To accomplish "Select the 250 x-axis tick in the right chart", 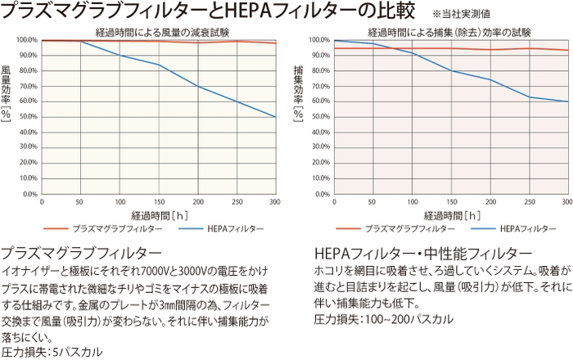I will (x=529, y=202).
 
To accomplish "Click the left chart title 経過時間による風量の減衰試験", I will (x=161, y=32).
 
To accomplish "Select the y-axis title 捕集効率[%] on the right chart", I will (x=298, y=92).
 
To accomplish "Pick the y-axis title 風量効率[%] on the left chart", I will (x=7, y=92).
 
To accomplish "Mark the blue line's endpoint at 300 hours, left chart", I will (x=276, y=117).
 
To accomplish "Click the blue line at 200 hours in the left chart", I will (x=198, y=86).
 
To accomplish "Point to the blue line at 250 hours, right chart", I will (x=529, y=97).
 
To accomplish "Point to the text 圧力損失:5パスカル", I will (x=54, y=352).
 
